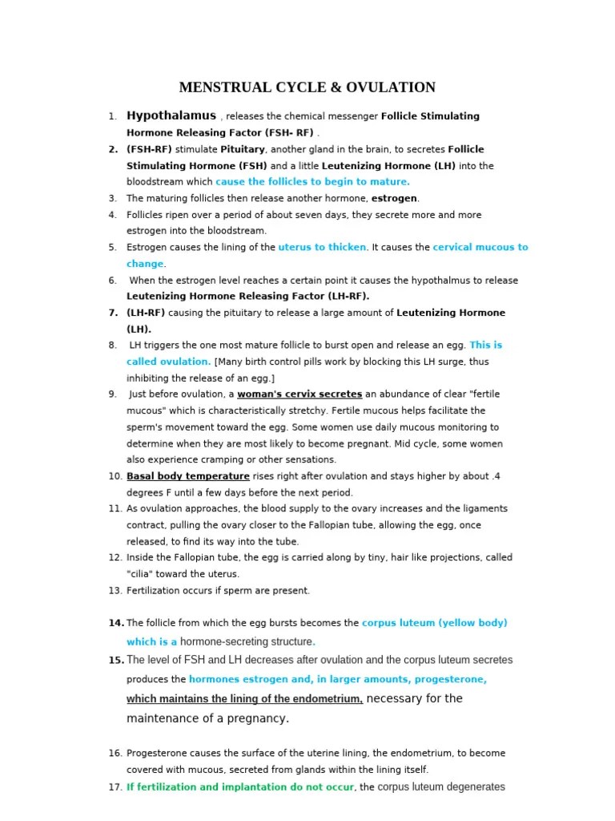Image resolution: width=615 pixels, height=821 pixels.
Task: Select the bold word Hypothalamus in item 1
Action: [171, 115]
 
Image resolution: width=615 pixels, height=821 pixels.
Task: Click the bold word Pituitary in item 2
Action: [243, 149]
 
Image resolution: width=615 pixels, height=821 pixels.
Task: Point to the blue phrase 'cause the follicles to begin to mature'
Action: [312, 182]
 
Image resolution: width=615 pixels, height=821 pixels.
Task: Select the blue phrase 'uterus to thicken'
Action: [322, 248]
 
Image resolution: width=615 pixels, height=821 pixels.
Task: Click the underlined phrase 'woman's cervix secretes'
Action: [299, 394]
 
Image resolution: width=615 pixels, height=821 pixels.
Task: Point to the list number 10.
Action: [115, 476]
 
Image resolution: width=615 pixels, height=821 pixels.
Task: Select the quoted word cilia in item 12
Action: [143, 574]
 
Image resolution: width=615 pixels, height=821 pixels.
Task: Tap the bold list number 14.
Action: [115, 623]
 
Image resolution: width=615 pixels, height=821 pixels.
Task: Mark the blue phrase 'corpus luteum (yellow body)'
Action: [435, 623]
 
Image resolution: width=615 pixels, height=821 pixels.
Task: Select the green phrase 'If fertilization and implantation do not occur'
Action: [240, 787]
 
